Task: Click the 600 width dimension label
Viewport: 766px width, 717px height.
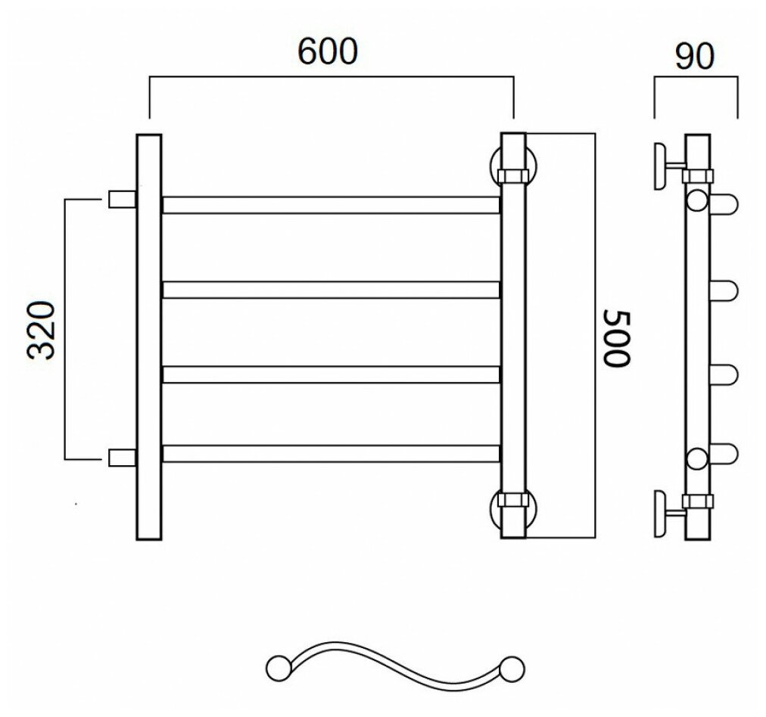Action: (327, 52)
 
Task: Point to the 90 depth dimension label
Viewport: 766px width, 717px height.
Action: (693, 56)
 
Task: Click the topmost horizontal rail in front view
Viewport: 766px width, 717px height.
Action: (330, 205)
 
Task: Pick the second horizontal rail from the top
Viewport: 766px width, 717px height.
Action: (330, 289)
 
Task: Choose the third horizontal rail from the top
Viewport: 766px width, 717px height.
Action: (330, 374)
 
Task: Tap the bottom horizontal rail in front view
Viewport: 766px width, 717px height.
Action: (330, 454)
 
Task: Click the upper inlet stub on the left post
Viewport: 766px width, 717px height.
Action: (122, 199)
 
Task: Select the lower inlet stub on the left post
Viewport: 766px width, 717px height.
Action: (122, 457)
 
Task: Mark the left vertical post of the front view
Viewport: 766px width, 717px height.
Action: (148, 337)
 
